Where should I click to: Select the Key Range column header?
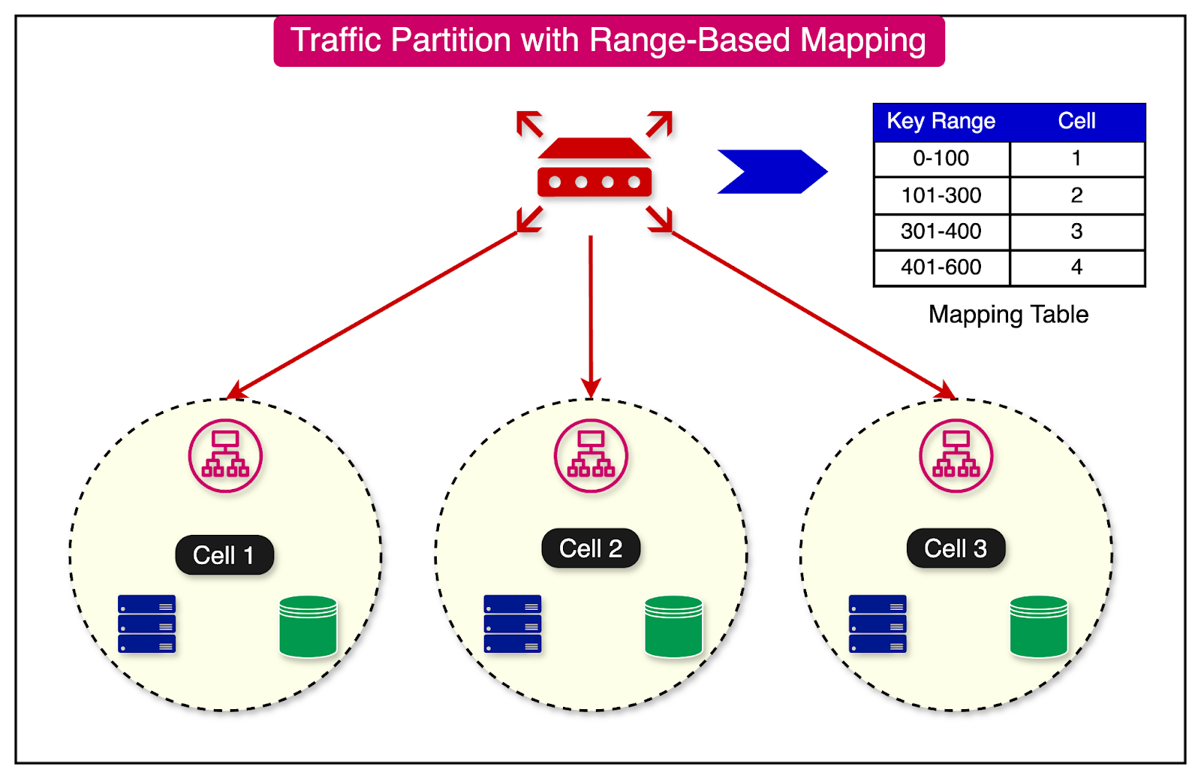(941, 122)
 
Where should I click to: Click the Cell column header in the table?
(1076, 122)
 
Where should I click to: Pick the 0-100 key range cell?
(941, 159)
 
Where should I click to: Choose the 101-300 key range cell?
(941, 195)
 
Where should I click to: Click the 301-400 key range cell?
(941, 231)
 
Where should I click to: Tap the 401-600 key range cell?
(941, 267)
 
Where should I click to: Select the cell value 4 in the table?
(1076, 267)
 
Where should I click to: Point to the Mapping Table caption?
(1008, 315)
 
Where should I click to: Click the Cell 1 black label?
(224, 555)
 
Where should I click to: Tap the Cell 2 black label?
(591, 548)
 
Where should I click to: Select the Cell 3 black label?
(956, 548)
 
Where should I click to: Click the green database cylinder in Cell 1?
(308, 627)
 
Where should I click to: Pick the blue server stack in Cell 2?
(513, 624)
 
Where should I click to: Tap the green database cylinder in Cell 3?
(1039, 627)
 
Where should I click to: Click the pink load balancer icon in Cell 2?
(591, 456)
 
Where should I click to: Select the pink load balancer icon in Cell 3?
(956, 456)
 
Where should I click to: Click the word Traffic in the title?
(336, 41)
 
